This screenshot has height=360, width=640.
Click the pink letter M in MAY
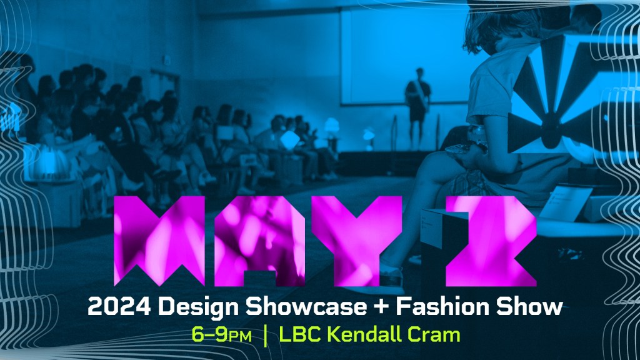pyautogui.click(x=159, y=241)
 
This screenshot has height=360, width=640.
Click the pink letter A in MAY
pyautogui.click(x=259, y=241)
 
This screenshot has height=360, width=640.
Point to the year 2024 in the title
pyautogui.click(x=119, y=306)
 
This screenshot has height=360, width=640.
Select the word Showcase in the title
pyautogui.click(x=306, y=306)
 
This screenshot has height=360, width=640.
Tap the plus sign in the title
pyautogui.click(x=381, y=307)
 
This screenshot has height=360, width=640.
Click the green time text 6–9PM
pyautogui.click(x=222, y=335)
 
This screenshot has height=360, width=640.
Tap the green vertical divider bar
pyautogui.click(x=266, y=336)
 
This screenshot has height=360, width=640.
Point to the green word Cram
pyautogui.click(x=435, y=335)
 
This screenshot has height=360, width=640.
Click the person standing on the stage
pyautogui.click(x=417, y=107)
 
